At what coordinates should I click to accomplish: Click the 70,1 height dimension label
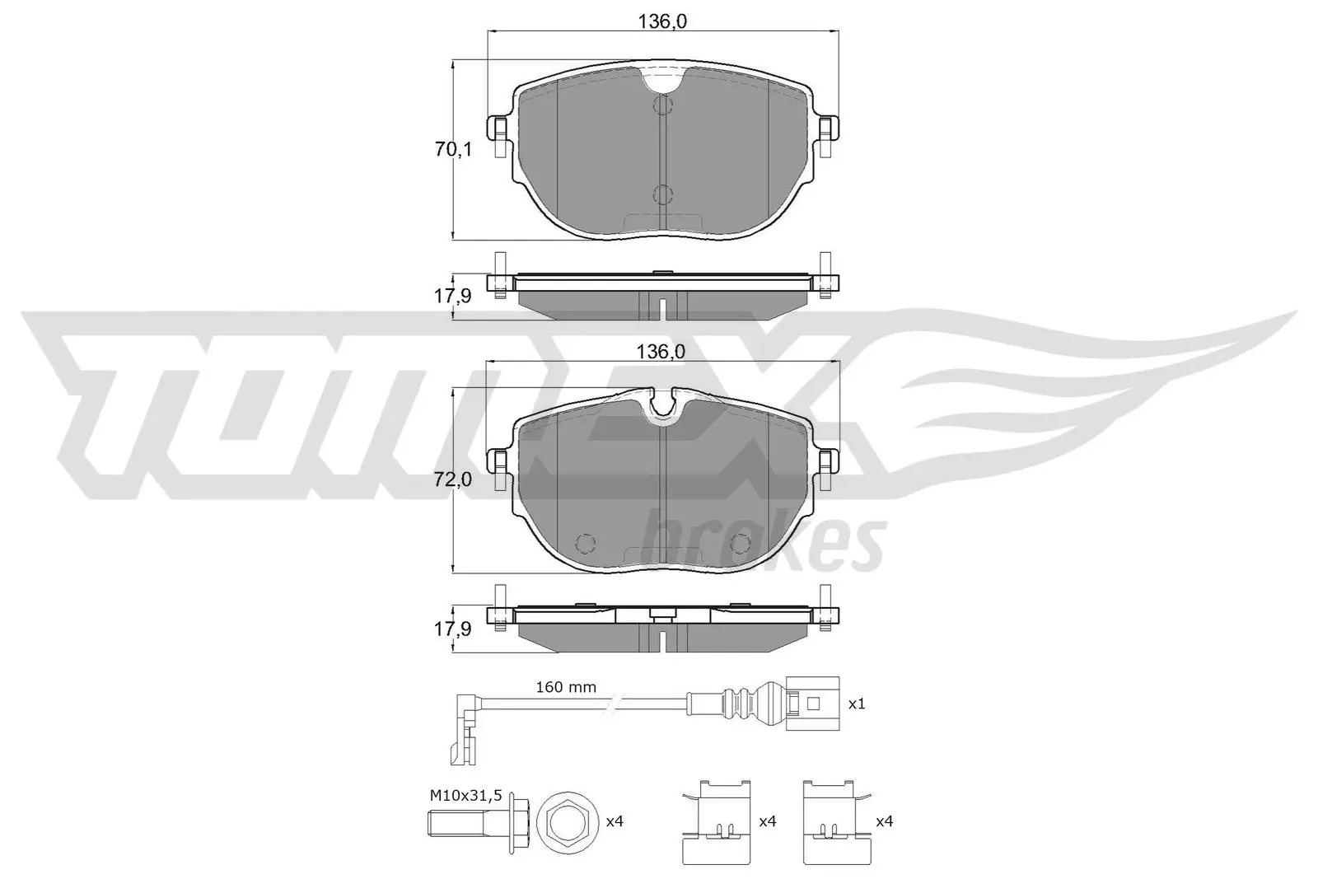tap(453, 150)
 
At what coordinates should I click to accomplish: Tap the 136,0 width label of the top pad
tap(662, 22)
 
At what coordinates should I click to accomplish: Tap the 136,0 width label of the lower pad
tap(661, 352)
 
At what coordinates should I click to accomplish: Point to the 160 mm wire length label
tap(565, 687)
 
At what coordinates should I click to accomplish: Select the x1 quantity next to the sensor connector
tap(857, 704)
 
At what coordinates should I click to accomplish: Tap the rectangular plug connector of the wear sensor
tap(811, 704)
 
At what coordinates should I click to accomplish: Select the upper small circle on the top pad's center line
tap(662, 105)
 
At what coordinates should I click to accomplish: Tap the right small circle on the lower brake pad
tap(741, 544)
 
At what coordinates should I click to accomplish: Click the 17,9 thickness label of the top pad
tap(453, 296)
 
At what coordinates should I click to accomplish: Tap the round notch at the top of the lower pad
tap(663, 405)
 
